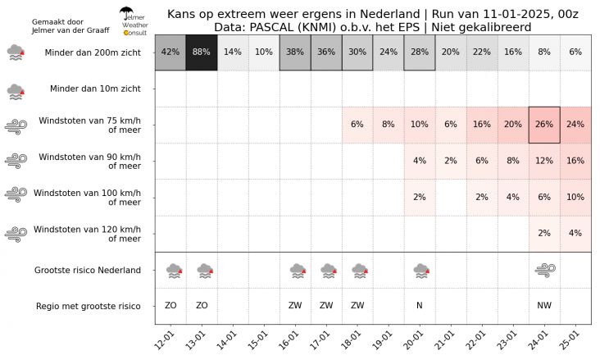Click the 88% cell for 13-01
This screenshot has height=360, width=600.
[202, 53]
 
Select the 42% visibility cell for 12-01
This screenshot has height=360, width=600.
[170, 53]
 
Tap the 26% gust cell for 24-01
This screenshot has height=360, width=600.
[544, 125]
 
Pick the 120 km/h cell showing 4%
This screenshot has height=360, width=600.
[575, 233]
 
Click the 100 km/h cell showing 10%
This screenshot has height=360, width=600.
[575, 197]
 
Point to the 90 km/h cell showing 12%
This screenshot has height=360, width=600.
[544, 161]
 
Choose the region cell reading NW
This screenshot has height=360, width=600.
[544, 306]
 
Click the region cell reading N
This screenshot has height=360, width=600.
[420, 306]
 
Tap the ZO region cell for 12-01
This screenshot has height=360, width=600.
[170, 306]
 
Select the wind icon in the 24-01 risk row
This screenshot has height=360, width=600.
[544, 269]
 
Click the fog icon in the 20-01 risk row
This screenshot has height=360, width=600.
[420, 269]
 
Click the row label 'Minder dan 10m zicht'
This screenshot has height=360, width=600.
[95, 89]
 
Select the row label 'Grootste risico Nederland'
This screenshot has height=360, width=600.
[88, 270]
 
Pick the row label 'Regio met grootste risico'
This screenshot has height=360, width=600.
[88, 306]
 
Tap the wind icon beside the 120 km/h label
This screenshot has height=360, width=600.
[16, 234]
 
